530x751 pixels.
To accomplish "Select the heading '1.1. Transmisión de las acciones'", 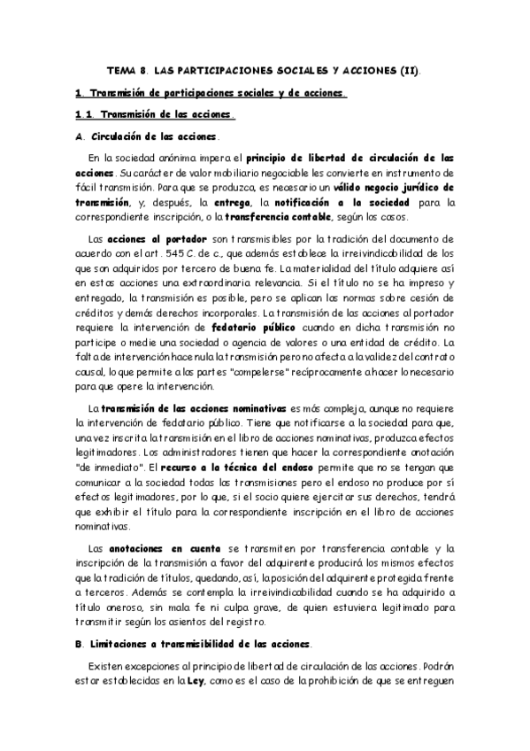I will [x=156, y=114].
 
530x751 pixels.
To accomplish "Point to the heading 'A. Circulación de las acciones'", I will [x=146, y=136].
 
